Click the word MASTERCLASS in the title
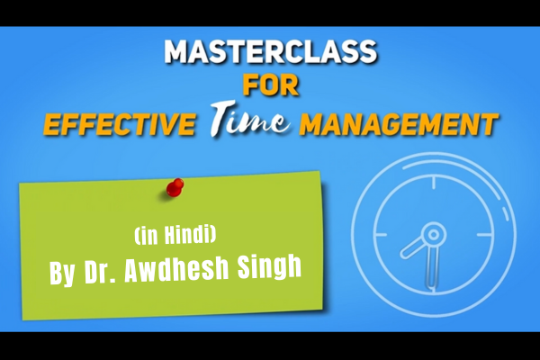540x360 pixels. (271, 51)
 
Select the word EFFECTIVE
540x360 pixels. (119, 124)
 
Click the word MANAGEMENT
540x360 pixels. (399, 124)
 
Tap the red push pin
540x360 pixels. (175, 188)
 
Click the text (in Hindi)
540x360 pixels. (175, 235)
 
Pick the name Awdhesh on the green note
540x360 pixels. (176, 269)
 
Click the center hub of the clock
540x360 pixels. (434, 235)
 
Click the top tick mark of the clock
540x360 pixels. (434, 183)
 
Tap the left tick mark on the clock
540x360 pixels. (381, 235)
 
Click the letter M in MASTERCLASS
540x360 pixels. (177, 51)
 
